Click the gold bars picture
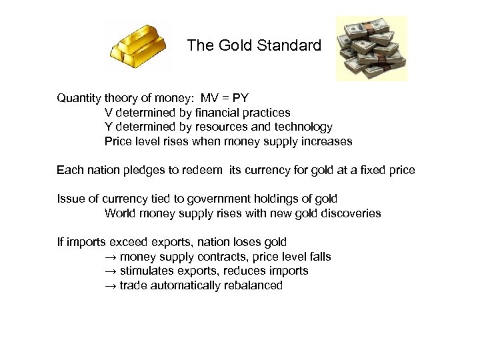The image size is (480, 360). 137,45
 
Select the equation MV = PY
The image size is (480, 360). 225,98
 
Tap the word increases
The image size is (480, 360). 327,141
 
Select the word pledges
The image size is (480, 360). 143,171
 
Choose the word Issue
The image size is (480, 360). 70,199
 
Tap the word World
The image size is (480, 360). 119,213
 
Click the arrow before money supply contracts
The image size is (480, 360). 110,257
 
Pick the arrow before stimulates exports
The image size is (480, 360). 110,271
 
